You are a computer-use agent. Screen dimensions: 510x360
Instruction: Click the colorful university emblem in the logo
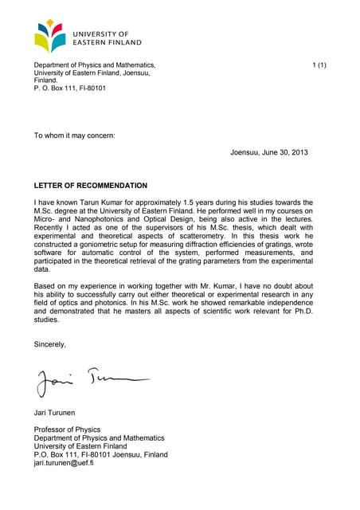[52, 36]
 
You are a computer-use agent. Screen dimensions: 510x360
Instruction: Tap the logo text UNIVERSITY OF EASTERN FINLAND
[107, 37]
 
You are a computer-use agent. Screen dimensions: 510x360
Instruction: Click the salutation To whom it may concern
[74, 135]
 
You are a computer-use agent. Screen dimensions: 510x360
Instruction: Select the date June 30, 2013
[280, 152]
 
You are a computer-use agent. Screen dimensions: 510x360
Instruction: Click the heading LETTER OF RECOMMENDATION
[90, 185]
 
